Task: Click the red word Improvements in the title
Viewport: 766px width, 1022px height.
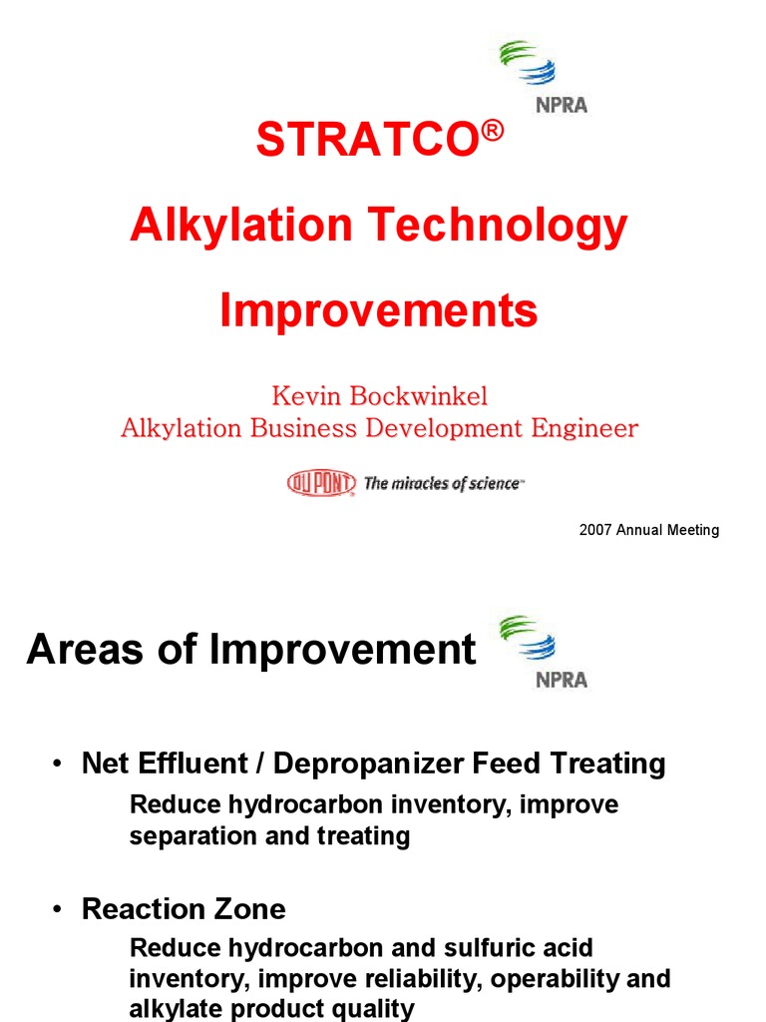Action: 379,310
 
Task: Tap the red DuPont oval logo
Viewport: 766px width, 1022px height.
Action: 321,484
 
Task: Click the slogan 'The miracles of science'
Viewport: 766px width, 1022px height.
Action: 442,484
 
